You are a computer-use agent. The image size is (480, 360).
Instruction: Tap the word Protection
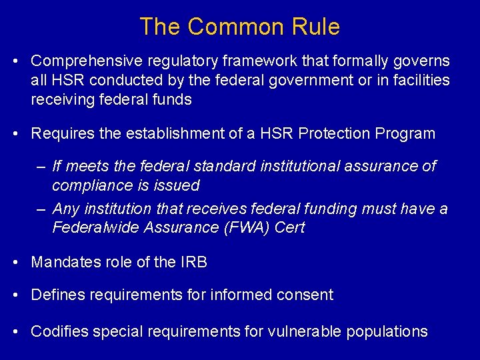[337, 133]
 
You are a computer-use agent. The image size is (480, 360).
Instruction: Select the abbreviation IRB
[193, 262]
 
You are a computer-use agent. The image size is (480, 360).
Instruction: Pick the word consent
[307, 295]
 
